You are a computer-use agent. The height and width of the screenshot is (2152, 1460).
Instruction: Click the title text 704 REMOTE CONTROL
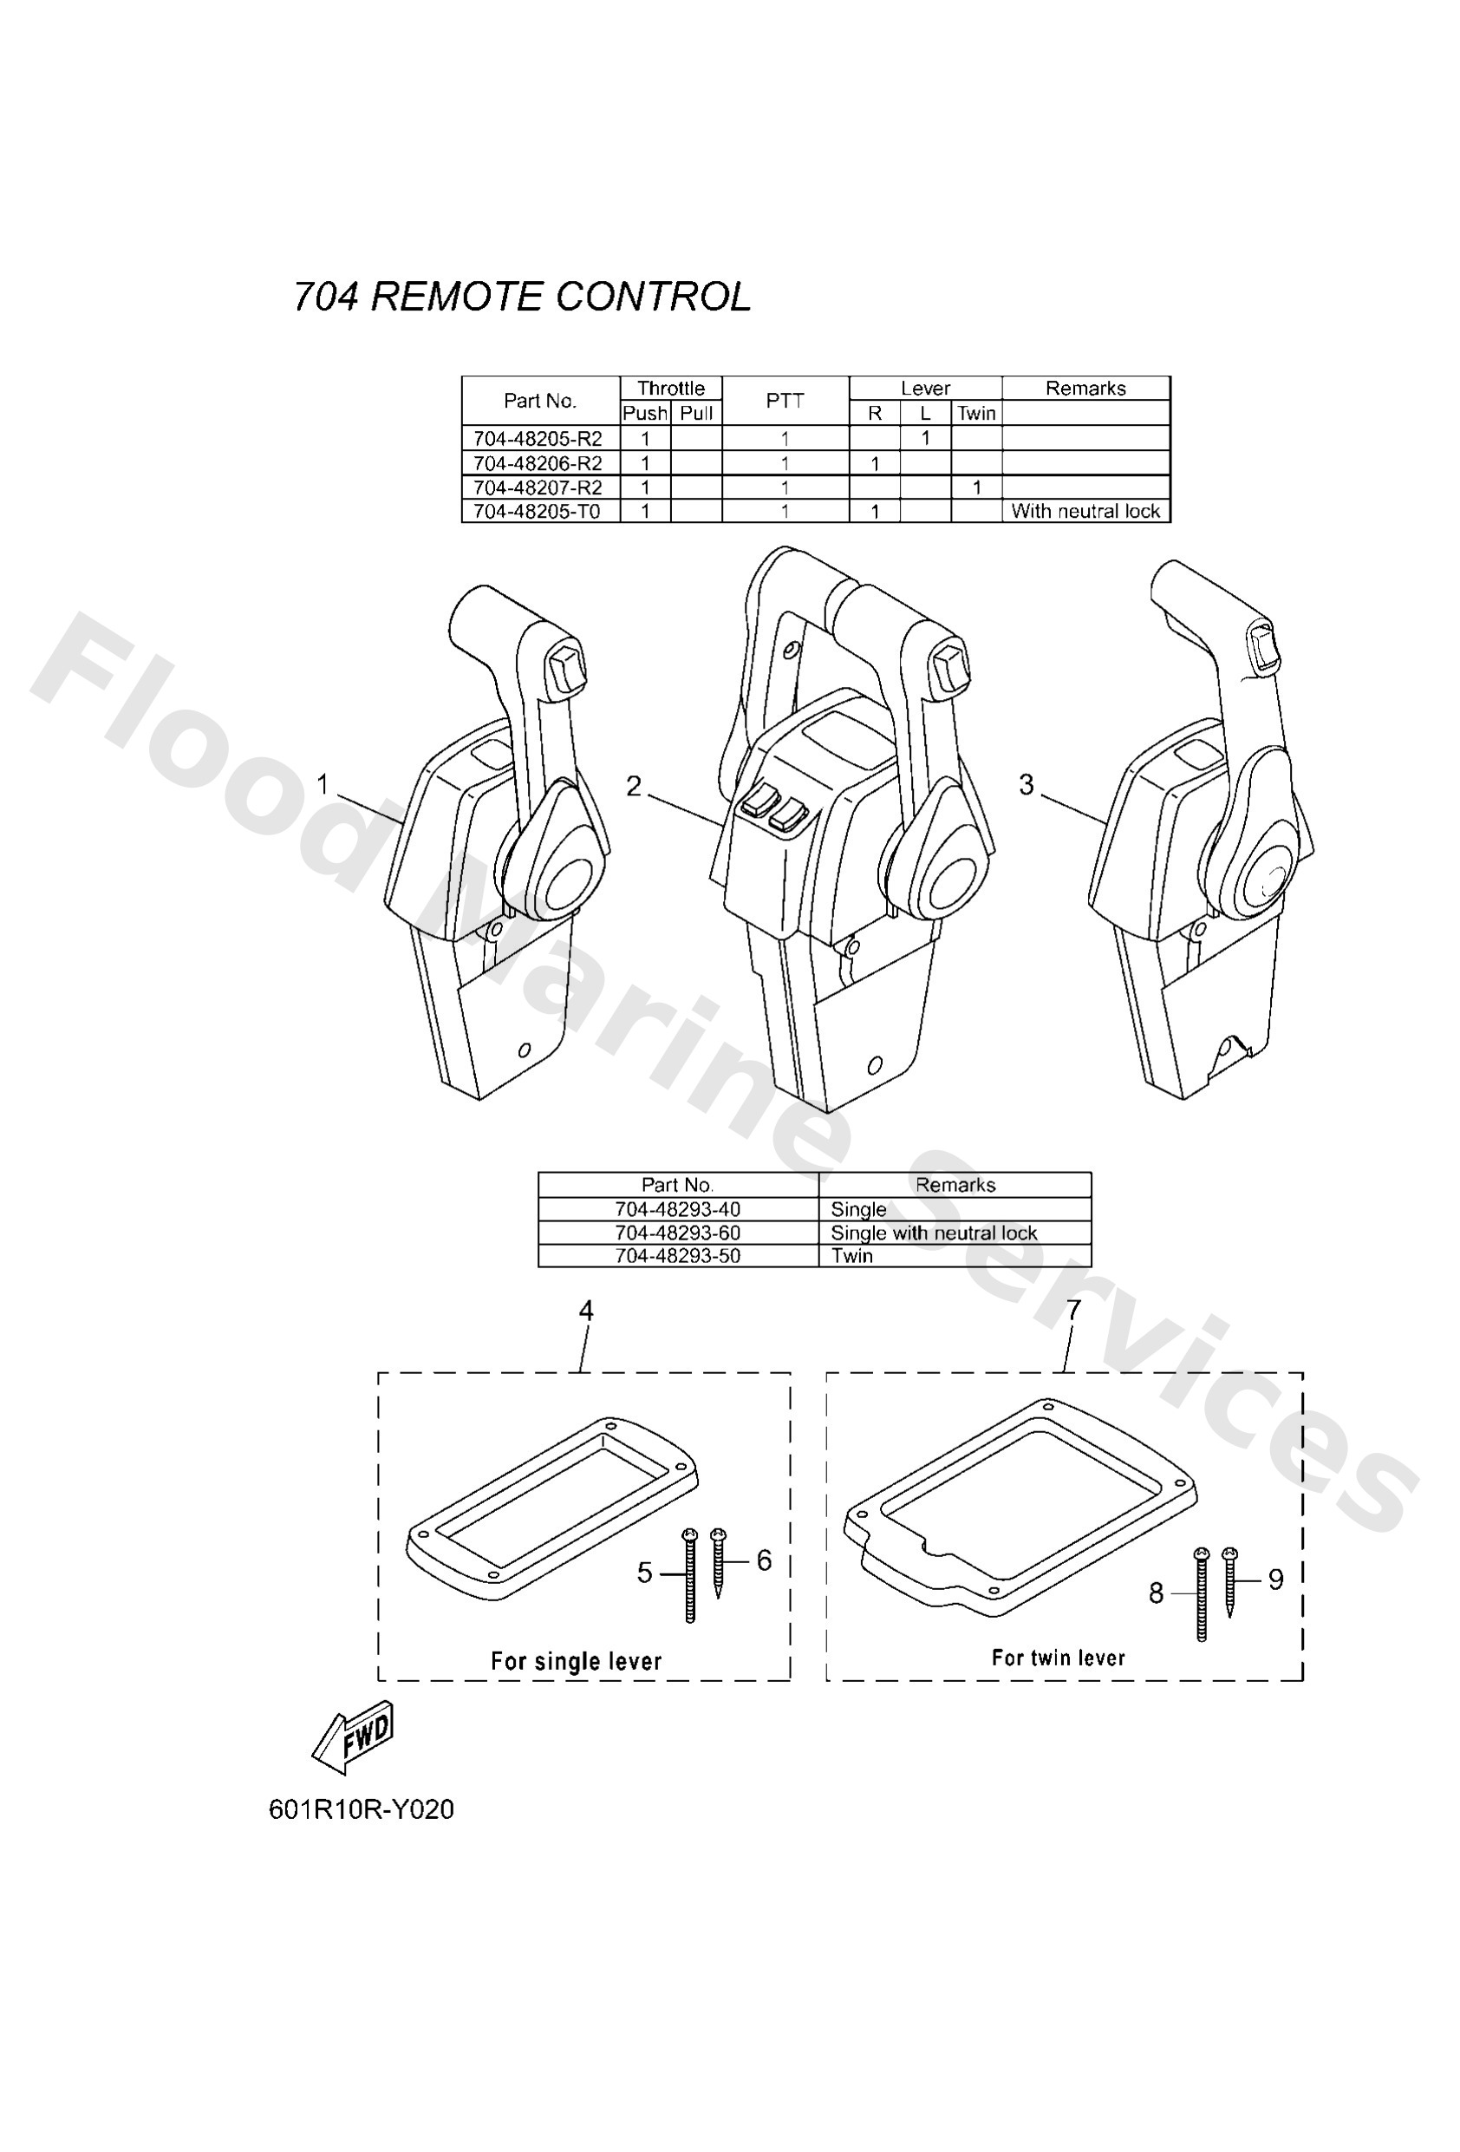click(x=521, y=298)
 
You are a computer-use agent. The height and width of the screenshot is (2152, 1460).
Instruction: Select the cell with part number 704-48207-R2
click(x=538, y=487)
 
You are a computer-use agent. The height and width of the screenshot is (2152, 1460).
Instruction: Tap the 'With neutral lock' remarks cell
click(x=1085, y=511)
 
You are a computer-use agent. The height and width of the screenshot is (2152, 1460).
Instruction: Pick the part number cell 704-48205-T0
click(x=538, y=511)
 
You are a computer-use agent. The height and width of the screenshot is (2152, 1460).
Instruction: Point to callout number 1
click(x=323, y=784)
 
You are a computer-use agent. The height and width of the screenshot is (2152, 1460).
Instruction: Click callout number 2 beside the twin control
click(x=633, y=786)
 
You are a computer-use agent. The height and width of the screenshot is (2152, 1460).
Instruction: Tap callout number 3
click(x=1026, y=784)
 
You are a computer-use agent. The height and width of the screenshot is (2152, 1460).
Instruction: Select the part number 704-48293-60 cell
click(x=678, y=1233)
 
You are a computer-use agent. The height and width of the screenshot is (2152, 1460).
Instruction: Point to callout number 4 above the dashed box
click(x=586, y=1311)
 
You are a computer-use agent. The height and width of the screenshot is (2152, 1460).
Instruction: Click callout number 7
click(x=1074, y=1311)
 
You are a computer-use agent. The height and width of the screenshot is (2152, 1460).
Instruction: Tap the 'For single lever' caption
click(x=576, y=1661)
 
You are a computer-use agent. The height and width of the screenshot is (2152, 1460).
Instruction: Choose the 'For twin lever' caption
click(x=1059, y=1658)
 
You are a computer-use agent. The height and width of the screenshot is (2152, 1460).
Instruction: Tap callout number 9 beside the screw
click(x=1275, y=1580)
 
